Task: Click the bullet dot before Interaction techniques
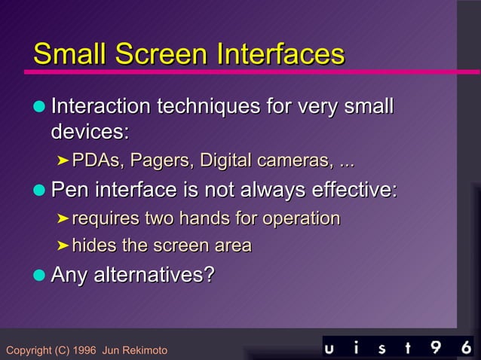tap(39, 107)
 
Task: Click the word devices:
tap(90, 132)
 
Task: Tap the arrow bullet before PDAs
tap(63, 161)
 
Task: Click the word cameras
tap(293, 161)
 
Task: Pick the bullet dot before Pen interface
tap(39, 191)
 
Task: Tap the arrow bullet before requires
tap(63, 219)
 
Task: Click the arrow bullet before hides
tap(63, 246)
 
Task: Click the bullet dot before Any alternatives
tap(39, 276)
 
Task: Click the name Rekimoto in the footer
tap(143, 350)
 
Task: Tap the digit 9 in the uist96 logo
tap(437, 347)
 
